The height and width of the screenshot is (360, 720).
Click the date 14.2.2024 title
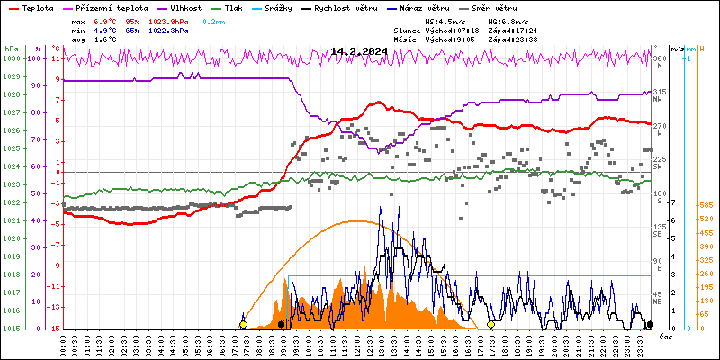coord(359,52)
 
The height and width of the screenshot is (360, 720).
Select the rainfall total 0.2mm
coord(214,20)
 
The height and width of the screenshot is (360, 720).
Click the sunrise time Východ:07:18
coord(447,30)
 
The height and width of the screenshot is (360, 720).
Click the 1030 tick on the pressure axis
coord(11,58)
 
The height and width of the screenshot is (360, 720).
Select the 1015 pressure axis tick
coord(11,328)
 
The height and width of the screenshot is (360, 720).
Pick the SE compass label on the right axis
coord(659,234)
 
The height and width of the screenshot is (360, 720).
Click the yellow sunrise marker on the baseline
coord(243,324)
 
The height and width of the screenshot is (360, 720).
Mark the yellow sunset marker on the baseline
coord(490,324)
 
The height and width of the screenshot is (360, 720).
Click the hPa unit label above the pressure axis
coord(10,48)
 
